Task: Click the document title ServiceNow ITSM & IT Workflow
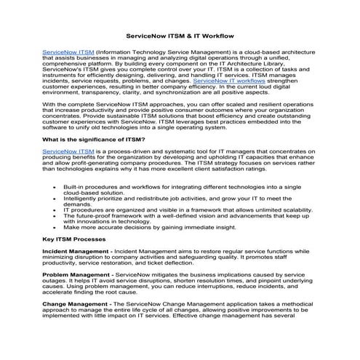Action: coord(180,35)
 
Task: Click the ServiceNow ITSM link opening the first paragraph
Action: coord(68,53)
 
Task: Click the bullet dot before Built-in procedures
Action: coord(56,187)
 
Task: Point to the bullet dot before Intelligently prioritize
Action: coord(56,197)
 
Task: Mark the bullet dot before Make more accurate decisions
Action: coord(56,228)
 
